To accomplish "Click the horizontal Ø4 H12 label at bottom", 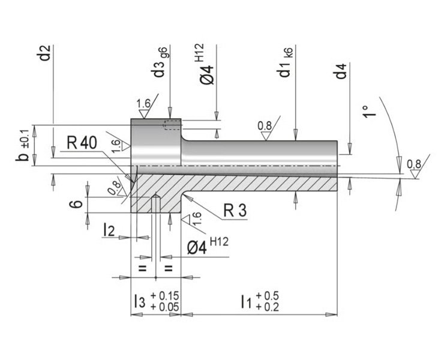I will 208,246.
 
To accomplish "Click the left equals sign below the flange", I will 143,268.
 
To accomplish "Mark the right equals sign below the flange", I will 169,268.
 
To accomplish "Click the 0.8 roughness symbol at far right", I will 413,168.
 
